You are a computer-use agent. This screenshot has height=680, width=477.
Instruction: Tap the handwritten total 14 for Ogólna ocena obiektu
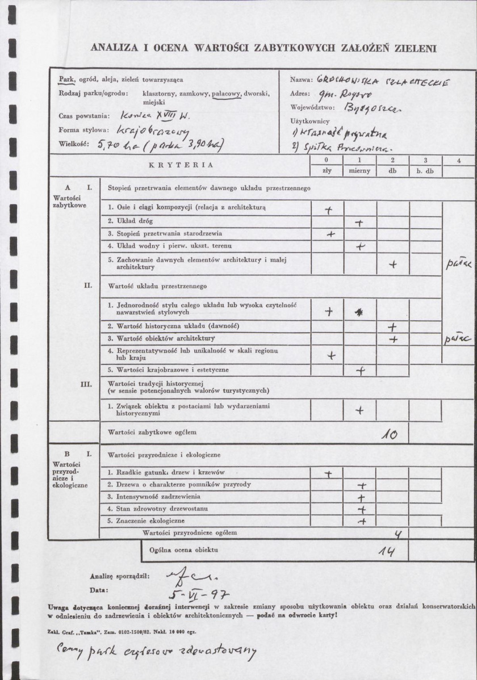tap(384, 552)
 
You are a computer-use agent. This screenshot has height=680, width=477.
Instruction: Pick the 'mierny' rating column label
tap(359, 170)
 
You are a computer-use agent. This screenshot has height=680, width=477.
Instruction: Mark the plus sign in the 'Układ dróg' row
tap(358, 223)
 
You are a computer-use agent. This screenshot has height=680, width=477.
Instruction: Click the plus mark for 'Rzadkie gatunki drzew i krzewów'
tap(328, 473)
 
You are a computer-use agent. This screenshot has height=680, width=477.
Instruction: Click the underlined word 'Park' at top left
tap(66, 79)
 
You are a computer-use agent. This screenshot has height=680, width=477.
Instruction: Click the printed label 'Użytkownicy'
tap(310, 121)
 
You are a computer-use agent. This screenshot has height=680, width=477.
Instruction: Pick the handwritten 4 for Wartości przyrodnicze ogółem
tap(383, 534)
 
